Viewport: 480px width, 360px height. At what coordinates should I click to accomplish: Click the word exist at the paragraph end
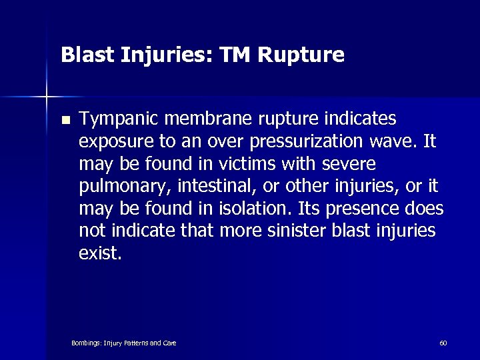[x=98, y=254]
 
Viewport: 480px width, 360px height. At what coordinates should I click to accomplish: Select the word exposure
[x=111, y=143]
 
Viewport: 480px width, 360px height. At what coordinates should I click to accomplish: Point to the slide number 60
[x=443, y=343]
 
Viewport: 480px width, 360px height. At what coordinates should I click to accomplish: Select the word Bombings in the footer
[x=85, y=343]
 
